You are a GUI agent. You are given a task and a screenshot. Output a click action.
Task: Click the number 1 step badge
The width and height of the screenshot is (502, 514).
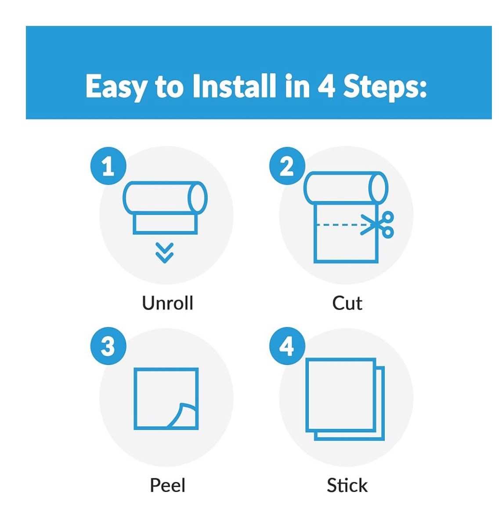pos(108,166)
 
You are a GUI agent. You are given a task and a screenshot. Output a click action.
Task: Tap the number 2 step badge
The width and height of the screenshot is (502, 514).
pos(287,166)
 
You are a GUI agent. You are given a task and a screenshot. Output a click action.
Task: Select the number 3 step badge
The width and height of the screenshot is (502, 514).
pos(108,346)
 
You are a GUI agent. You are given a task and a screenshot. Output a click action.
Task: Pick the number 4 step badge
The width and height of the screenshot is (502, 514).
pos(287,346)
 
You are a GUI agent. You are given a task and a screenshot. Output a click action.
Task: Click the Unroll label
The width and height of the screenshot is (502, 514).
pos(168,303)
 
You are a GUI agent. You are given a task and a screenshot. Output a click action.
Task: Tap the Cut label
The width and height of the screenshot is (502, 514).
pos(347,303)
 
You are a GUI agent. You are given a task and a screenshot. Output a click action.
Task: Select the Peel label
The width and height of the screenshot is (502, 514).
pos(168,485)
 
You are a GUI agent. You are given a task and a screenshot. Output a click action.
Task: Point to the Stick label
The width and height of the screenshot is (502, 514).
pos(347,485)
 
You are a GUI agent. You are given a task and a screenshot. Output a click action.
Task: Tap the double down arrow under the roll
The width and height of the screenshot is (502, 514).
pos(164,253)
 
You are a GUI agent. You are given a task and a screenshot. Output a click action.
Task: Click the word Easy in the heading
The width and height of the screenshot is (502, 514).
pos(116,87)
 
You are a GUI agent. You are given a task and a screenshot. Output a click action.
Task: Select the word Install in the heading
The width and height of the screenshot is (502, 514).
pos(234,85)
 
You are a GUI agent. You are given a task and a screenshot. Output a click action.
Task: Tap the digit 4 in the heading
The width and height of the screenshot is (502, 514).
pos(326,86)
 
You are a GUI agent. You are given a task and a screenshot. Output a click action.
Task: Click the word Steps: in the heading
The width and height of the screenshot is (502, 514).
pos(385,87)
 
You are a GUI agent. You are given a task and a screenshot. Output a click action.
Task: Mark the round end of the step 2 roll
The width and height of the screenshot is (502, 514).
pos(379,188)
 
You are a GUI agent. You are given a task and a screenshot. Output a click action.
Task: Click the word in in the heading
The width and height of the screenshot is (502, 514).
pos(297,86)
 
